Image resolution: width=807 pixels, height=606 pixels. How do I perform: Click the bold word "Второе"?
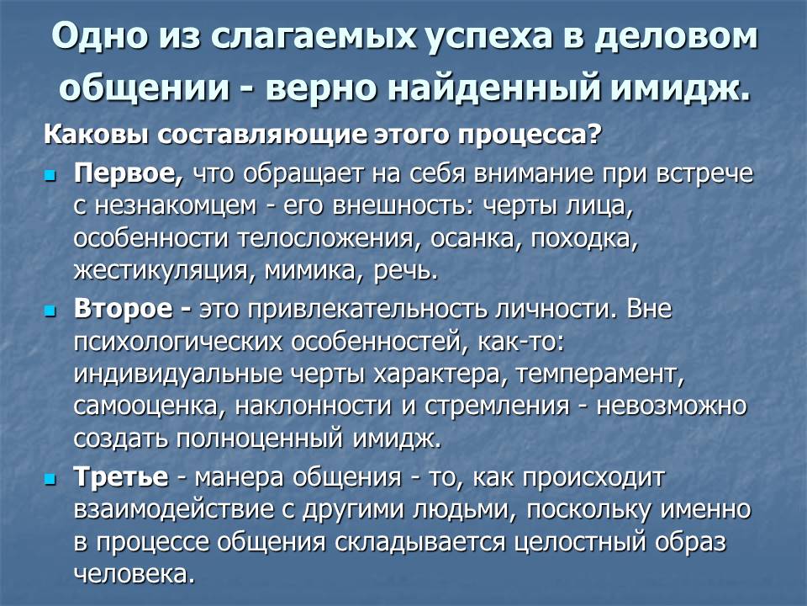coord(126,309)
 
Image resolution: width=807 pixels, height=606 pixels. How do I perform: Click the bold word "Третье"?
coord(121,477)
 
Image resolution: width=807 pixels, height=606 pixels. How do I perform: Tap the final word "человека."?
coord(134,573)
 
